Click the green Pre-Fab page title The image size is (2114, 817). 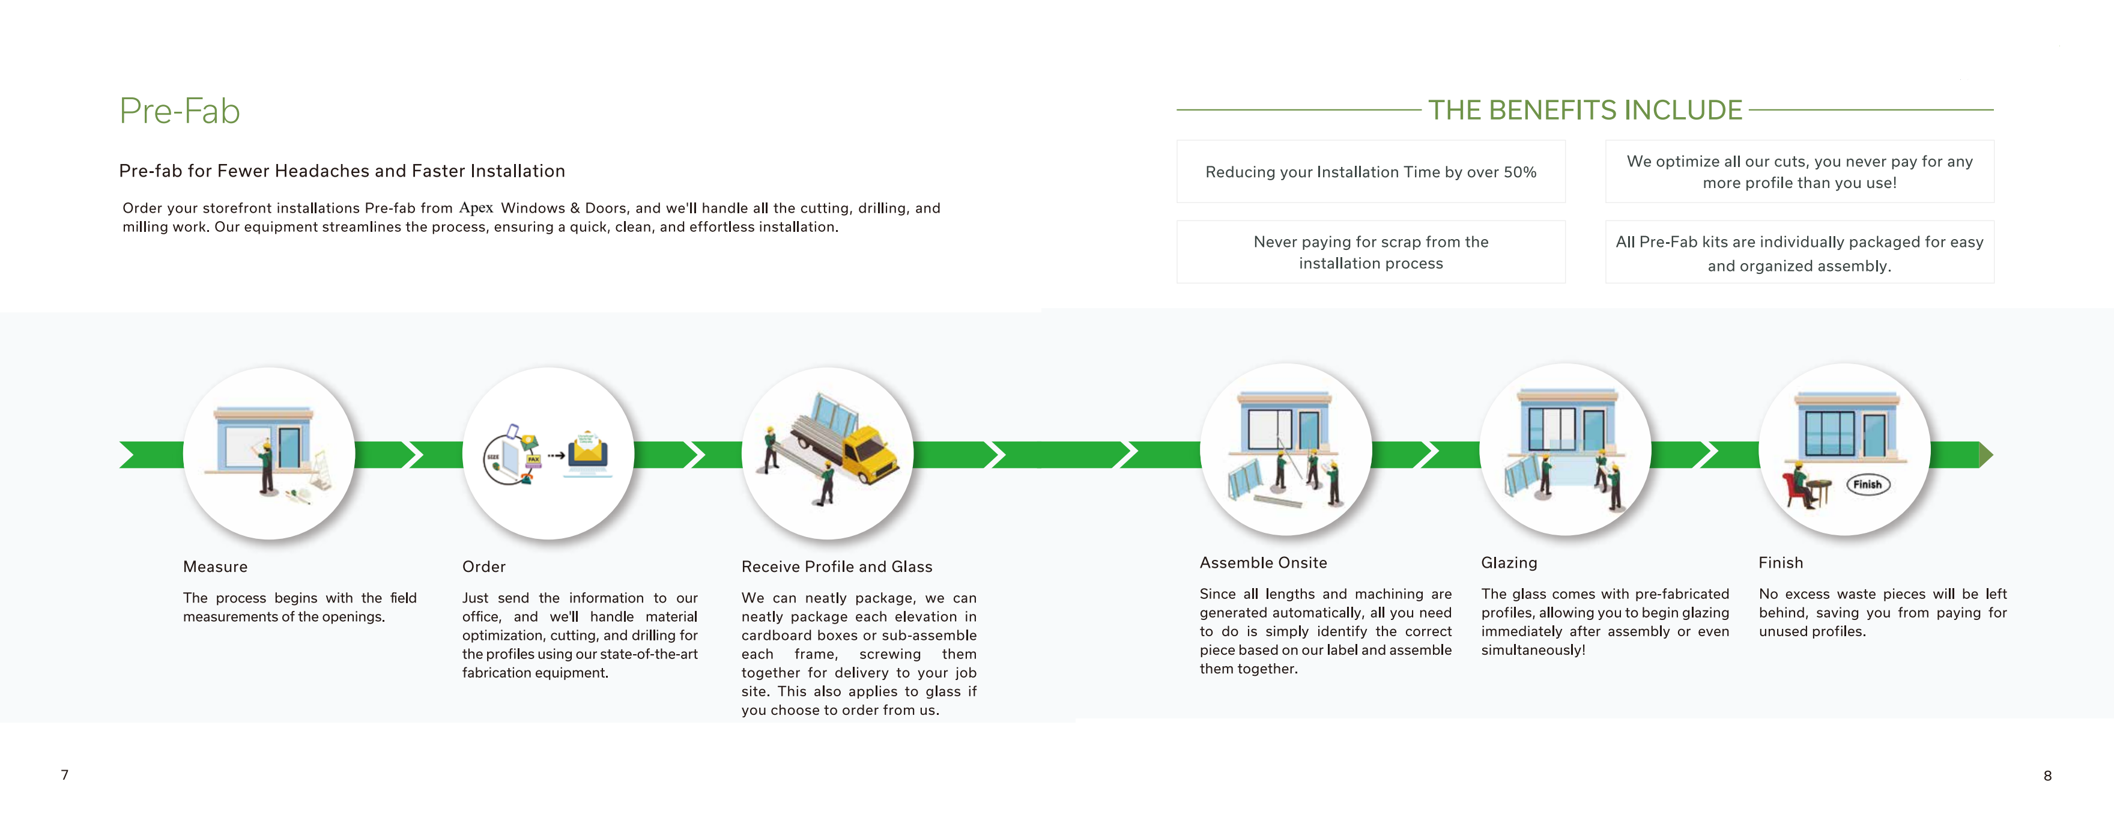pos(180,111)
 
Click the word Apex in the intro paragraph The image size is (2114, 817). pos(476,208)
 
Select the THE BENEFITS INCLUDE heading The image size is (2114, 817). pos(1585,110)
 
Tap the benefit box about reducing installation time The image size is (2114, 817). pos(1370,172)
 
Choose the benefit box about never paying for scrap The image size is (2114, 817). pos(1370,252)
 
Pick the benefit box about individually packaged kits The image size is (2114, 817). pos(1800,252)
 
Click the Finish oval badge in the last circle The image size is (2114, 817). pos(1868,484)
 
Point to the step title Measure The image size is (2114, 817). pos(215,566)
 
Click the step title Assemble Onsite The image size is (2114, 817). pos(1263,562)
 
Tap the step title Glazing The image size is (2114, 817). pos(1509,562)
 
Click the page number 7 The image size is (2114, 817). pos(65,774)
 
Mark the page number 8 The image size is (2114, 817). pos(2047,775)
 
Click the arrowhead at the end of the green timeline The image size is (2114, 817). pos(1986,454)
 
